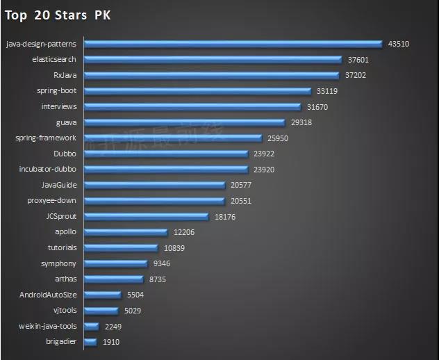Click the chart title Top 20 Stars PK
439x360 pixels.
pos(58,15)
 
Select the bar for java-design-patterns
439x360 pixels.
pos(233,44)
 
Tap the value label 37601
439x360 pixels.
pos(358,60)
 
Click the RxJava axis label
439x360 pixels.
pos(65,75)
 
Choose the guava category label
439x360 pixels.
pos(66,122)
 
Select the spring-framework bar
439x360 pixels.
pos(172,138)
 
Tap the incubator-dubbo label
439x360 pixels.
pos(48,169)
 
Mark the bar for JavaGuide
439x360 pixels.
pos(154,185)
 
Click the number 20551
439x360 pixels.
pos(241,200)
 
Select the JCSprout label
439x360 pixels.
pos(60,216)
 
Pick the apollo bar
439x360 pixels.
pos(125,232)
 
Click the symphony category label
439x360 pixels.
pos(59,263)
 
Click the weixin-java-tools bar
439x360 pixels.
pos(91,326)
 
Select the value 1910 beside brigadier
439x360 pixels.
pos(112,342)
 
